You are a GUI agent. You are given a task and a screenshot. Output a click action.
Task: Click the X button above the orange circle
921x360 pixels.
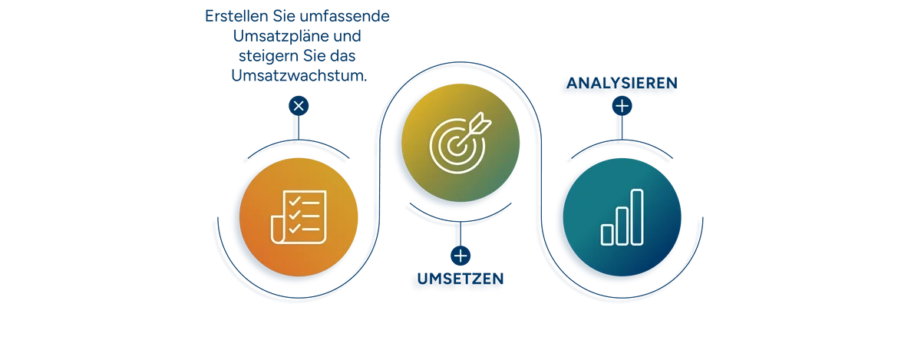299,105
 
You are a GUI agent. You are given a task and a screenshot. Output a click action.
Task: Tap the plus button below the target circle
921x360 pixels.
460,256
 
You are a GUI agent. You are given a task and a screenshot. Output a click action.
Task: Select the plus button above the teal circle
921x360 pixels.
622,105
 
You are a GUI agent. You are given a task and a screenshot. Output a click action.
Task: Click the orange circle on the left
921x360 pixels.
299,218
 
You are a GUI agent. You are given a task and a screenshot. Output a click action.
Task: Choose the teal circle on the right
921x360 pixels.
622,218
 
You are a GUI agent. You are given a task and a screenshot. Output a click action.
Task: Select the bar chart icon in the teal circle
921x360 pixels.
622,216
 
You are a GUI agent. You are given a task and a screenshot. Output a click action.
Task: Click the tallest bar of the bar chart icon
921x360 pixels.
636,216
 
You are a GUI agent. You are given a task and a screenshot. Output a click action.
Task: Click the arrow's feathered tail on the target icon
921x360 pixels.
479,120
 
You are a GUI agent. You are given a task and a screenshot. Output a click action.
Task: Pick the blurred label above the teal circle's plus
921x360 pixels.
620,84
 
